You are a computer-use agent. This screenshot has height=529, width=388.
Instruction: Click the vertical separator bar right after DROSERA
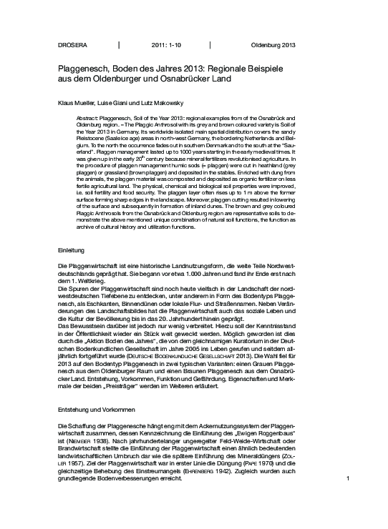click(x=119, y=45)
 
